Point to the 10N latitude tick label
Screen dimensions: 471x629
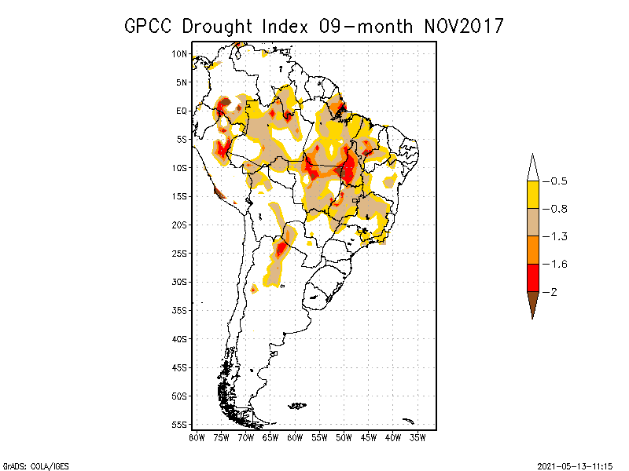point(180,53)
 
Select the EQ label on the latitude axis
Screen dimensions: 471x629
point(182,111)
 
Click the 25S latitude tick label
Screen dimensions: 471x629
point(180,253)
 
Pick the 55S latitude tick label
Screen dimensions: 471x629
point(180,424)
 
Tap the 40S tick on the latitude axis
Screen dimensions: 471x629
point(180,338)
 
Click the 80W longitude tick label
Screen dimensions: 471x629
point(197,437)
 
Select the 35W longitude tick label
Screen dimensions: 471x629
point(417,437)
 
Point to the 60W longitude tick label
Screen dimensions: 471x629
point(295,437)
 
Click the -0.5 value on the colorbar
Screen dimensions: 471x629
point(557,181)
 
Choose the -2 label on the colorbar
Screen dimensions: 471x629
point(554,292)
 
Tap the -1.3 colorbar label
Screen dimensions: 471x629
point(557,236)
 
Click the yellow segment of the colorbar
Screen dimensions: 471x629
point(532,195)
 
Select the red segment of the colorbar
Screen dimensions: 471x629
point(532,277)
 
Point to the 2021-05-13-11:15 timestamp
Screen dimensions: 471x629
point(576,465)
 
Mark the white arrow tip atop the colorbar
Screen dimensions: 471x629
point(532,168)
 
